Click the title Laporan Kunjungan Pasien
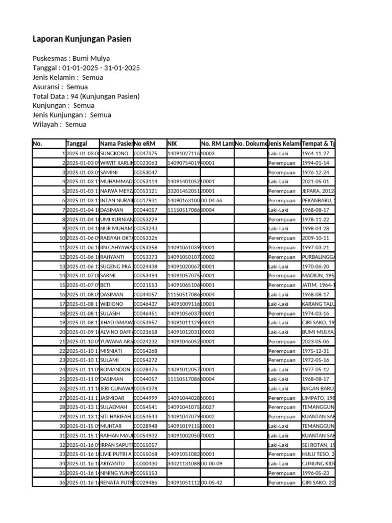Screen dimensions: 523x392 point(82,39)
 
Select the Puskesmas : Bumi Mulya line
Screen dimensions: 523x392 point(71,58)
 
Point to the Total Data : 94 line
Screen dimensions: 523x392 point(86,96)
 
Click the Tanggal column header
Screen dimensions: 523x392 point(77,144)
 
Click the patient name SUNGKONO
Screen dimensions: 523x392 point(114,153)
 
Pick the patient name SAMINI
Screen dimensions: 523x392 point(109,172)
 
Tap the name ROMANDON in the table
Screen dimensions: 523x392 point(116,369)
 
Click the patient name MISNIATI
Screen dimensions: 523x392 point(112,351)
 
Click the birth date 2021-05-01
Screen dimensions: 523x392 point(315,181)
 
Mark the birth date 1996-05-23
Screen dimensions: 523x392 point(315,473)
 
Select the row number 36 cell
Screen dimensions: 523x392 point(62,482)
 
